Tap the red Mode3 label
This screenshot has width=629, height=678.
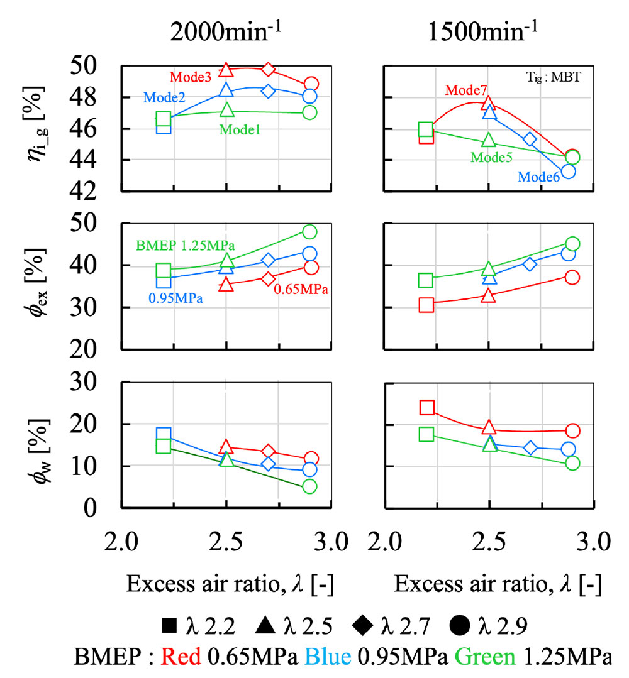(191, 77)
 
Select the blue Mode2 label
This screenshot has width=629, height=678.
(165, 97)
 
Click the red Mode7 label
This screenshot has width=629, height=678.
(466, 90)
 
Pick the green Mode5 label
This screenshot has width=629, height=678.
(493, 157)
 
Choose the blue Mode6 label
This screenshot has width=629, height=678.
(539, 177)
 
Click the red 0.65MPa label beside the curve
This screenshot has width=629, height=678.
(301, 290)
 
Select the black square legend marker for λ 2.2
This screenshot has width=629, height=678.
(169, 626)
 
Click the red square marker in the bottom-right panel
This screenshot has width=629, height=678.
(427, 408)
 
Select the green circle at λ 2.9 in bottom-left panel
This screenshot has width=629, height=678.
(309, 486)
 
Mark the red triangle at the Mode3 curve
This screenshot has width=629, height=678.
(227, 70)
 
